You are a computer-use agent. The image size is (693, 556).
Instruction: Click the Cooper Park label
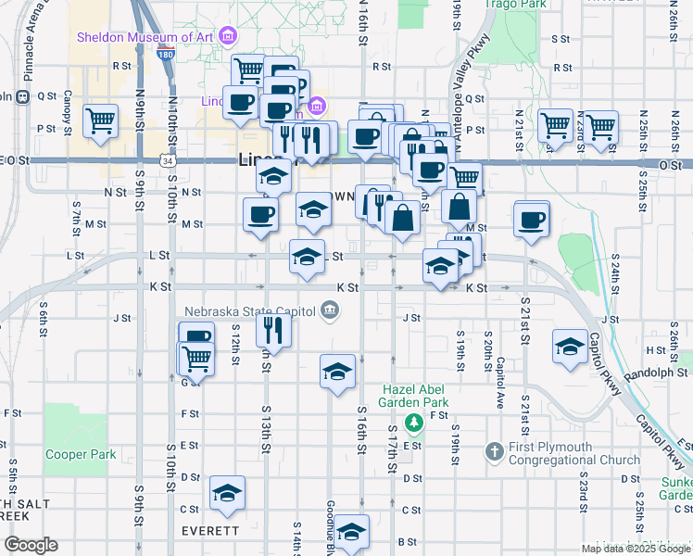(x=81, y=455)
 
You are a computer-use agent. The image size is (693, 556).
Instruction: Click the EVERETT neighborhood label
(x=209, y=531)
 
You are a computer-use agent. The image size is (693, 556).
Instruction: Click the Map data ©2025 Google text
(x=636, y=549)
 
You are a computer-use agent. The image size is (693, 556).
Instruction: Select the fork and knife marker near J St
(x=273, y=328)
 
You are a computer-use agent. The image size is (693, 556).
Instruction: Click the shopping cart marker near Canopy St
(x=101, y=120)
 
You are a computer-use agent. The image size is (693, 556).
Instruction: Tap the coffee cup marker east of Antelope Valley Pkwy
(x=532, y=221)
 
